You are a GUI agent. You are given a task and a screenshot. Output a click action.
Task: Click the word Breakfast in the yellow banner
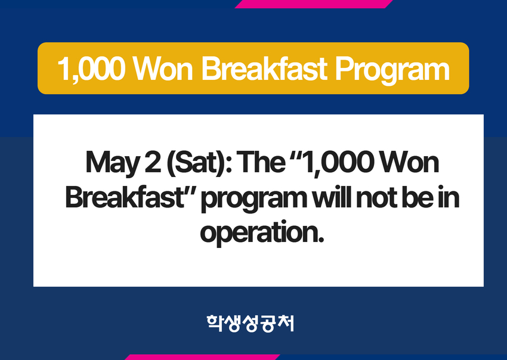click(264, 69)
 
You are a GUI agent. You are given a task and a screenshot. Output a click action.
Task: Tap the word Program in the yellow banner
click(392, 70)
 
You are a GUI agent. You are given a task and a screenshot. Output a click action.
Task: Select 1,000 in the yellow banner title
click(91, 69)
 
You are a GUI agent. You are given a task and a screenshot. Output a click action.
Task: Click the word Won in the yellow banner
click(163, 69)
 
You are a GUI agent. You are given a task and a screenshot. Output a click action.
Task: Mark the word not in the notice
click(376, 198)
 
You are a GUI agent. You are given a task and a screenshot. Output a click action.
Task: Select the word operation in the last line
click(262, 233)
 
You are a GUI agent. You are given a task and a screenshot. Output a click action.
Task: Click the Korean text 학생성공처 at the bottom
click(251, 324)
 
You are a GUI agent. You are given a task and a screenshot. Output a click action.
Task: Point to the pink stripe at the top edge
click(314, 4)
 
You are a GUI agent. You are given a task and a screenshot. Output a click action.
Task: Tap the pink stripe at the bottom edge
click(202, 357)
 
